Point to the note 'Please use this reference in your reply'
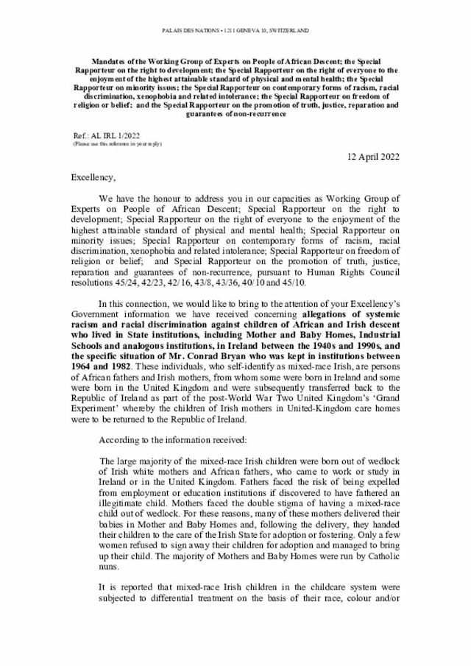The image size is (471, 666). [117, 144]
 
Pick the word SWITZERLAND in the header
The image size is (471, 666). [284, 30]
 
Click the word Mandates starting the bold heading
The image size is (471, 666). [110, 56]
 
